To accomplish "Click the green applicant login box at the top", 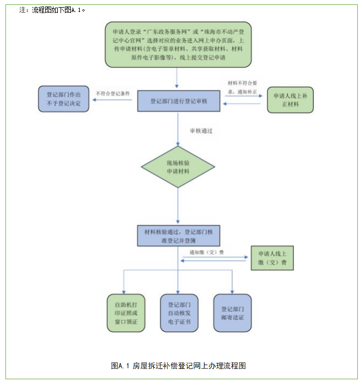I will [178, 44].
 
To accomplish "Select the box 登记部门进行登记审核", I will [178, 101].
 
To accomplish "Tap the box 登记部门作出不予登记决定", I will [63, 99].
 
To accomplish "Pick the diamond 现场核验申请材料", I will [178, 167].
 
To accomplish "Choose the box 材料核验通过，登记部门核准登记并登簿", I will [178, 235].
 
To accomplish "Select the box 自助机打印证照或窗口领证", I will [126, 313].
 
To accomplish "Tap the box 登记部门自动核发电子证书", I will [178, 313].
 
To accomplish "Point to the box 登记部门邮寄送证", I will [232, 313].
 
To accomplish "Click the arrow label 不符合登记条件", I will [113, 93].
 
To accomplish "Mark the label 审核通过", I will [201, 132].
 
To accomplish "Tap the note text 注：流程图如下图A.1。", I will [52, 10].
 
